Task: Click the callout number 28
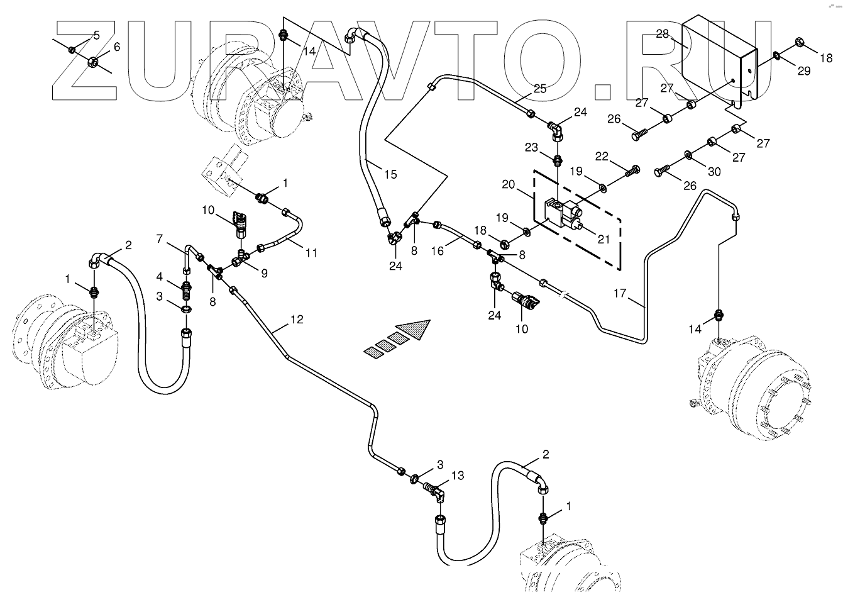662,34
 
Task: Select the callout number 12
297,320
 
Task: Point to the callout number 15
390,174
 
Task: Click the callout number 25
540,89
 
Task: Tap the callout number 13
457,476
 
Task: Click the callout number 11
311,253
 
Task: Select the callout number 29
804,71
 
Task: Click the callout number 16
438,250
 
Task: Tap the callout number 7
160,238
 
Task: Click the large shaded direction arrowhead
416,329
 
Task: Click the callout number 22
602,155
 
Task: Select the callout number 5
96,35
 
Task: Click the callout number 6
116,48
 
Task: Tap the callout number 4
160,276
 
